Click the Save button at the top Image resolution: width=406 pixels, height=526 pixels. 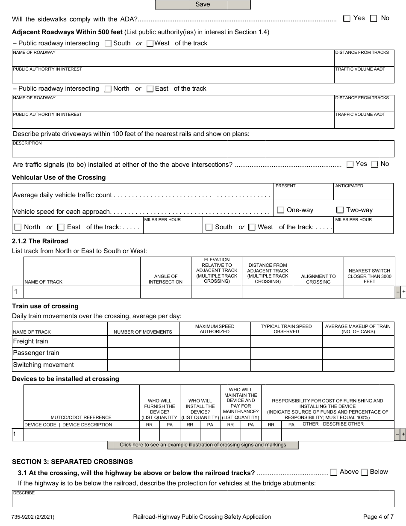click(203, 5)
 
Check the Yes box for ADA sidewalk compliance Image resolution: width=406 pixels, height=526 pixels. click(347, 18)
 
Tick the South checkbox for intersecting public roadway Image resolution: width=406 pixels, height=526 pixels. click(108, 43)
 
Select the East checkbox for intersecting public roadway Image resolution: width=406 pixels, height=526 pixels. click(150, 89)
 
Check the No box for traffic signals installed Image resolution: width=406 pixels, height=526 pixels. click(374, 164)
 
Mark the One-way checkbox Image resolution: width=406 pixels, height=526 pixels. click(281, 210)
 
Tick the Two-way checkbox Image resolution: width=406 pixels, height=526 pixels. click(340, 210)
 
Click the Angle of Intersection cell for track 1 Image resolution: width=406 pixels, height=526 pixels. click(165, 292)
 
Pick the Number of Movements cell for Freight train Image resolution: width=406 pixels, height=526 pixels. click(143, 341)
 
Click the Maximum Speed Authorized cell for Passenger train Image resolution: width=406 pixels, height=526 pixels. click(215, 353)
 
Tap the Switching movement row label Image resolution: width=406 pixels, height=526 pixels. click(44, 365)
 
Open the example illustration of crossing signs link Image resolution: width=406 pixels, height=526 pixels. click(203, 445)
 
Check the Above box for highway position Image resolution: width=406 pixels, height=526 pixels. click(334, 472)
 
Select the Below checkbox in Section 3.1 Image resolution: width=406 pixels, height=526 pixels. click(365, 472)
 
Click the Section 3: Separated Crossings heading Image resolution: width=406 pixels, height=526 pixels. click(72, 461)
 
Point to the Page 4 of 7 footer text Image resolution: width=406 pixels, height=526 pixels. click(378, 517)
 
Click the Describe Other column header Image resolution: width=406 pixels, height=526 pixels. click(343, 424)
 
